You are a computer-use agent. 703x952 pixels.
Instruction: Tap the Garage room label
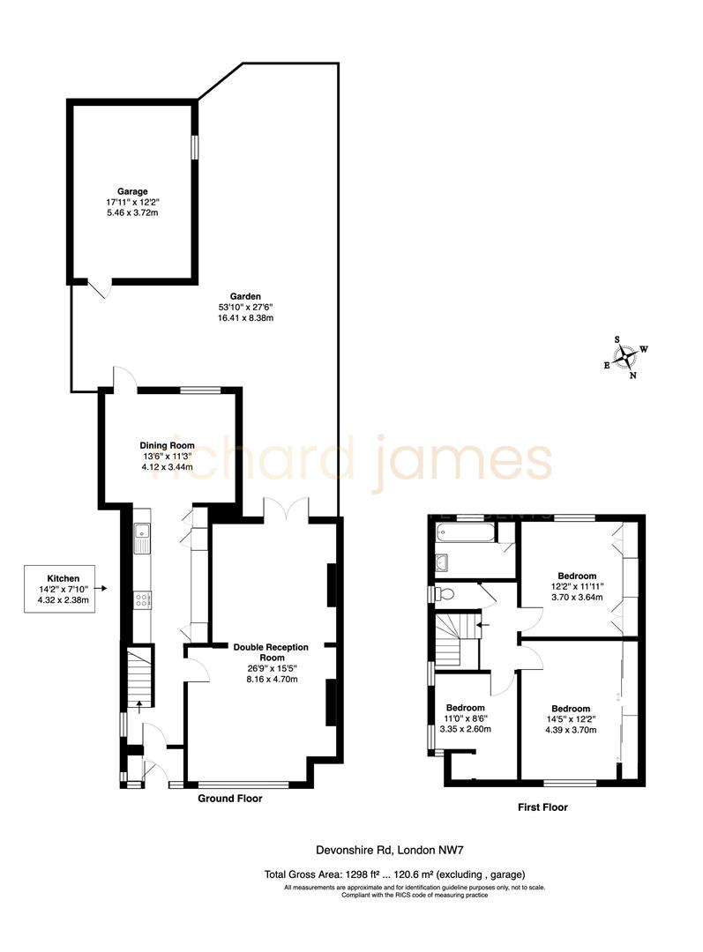tap(132, 191)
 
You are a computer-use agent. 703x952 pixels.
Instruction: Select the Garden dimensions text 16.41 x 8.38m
tap(246, 318)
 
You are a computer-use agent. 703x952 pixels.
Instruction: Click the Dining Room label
tap(167, 445)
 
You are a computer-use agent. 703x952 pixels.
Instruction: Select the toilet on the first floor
tap(442, 593)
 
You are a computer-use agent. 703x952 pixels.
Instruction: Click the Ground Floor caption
tap(229, 799)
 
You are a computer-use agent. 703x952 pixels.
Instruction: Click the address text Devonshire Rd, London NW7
tap(390, 851)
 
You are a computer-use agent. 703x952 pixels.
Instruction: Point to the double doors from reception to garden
tap(285, 509)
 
